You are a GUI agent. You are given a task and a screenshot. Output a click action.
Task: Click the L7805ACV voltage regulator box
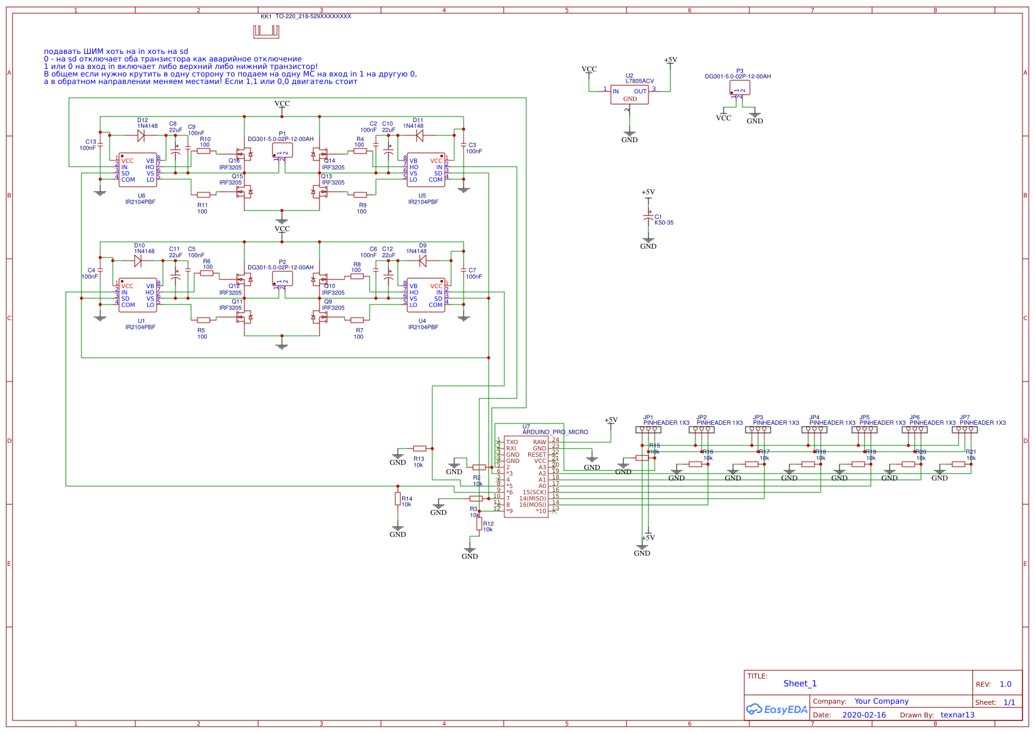coord(630,95)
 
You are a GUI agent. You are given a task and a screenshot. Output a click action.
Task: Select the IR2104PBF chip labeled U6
coord(138,170)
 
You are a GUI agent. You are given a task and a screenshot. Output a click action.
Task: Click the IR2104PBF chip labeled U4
coord(426,295)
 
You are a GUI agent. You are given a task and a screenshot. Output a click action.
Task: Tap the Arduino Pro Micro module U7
coord(526,477)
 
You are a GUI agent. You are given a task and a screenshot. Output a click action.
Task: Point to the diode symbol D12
coord(141,135)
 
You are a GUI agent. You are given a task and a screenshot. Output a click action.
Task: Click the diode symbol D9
coord(422,261)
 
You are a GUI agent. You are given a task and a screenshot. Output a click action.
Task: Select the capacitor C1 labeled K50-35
coord(648,217)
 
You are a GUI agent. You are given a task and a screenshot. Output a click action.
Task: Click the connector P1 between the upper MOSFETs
coord(283,150)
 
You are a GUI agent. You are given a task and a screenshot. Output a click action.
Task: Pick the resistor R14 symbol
coord(397,499)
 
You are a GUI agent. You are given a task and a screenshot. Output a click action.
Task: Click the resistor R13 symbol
coord(420,449)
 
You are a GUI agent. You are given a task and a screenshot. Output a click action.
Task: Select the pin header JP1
coord(648,430)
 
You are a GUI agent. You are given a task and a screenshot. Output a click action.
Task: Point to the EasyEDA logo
coord(776,709)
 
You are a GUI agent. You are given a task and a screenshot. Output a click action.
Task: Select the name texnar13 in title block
coord(957,715)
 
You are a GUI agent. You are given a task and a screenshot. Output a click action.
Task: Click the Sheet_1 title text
coord(799,684)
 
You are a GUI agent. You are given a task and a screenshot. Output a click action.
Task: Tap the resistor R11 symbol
coord(203,195)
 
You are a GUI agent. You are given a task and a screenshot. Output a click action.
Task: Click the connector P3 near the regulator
coord(740,88)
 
